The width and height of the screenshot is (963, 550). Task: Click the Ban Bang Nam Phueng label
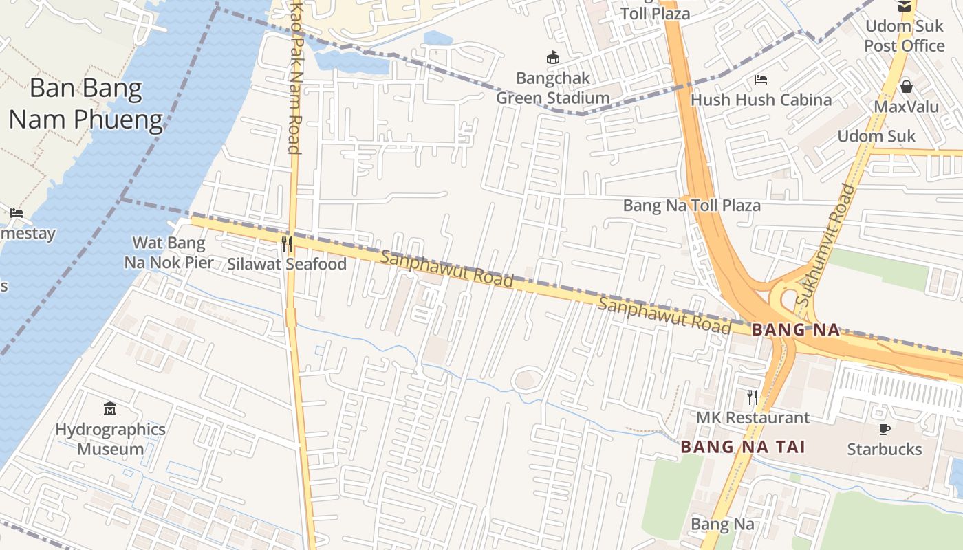coord(85,104)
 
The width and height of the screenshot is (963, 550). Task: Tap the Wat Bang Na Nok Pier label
coord(169,252)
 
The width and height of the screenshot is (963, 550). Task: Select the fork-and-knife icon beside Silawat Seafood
coord(287,244)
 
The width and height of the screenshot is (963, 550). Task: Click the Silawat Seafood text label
coord(287,264)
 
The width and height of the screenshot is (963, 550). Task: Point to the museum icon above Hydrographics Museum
coord(110,410)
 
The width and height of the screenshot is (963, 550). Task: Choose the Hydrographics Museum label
coord(110,439)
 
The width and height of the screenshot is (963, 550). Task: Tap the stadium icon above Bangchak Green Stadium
coord(553,58)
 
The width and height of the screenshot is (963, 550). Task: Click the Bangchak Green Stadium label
coord(553,89)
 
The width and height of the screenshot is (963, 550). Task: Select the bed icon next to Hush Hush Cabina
coord(761,80)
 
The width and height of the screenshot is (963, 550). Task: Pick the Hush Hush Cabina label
coord(761,100)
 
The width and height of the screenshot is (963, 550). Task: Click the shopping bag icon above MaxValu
coord(907,87)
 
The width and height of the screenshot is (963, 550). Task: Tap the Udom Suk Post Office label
coord(905,36)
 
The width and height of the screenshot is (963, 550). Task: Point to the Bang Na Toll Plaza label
coord(691,206)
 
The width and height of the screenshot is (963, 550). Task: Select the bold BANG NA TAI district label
coord(743,447)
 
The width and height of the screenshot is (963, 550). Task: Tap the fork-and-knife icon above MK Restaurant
coord(753,397)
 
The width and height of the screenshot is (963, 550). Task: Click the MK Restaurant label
coord(753,418)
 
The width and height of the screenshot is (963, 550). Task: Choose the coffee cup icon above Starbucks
coord(885,430)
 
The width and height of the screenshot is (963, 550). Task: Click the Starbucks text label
coord(885,450)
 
